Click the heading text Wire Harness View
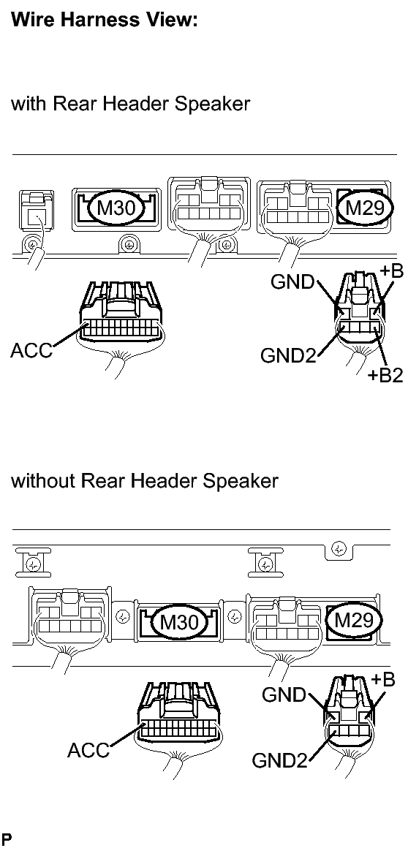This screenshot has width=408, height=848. click(x=104, y=20)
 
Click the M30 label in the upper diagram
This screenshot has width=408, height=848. click(x=116, y=208)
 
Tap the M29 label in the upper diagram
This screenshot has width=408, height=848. click(x=364, y=208)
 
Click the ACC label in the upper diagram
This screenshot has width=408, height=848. click(x=31, y=350)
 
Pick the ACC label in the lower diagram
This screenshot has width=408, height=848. click(x=88, y=750)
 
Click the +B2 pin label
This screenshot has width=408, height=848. click(x=385, y=375)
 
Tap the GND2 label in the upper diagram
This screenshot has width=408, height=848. click(x=288, y=355)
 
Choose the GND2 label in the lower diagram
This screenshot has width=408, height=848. click(x=279, y=760)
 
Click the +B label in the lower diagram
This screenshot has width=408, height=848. click(x=383, y=679)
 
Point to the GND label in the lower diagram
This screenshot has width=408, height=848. click(x=284, y=694)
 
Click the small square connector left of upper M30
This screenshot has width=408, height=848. click(x=36, y=211)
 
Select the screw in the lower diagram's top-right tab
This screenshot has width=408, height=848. click(x=339, y=550)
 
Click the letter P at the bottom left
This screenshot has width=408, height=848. click(x=6, y=840)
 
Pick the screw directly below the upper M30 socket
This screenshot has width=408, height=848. click(x=129, y=244)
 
